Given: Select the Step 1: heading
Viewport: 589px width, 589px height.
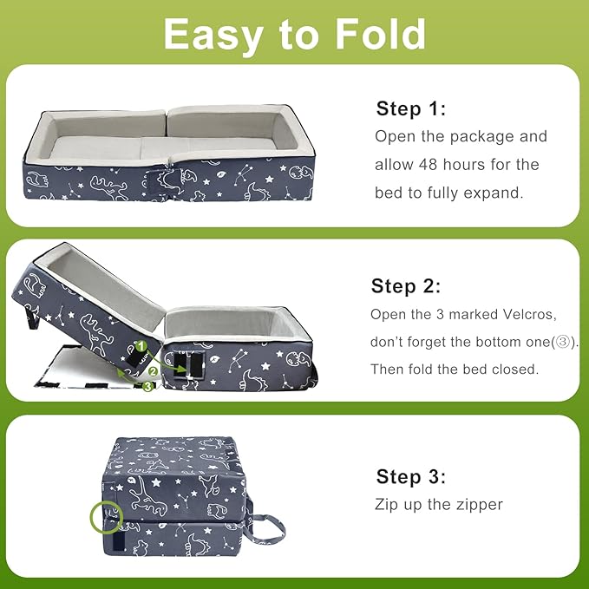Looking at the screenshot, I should click(x=411, y=108).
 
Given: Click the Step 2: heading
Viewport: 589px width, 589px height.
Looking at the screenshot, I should click(x=406, y=286).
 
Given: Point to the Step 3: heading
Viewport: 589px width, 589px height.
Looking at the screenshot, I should click(x=411, y=476).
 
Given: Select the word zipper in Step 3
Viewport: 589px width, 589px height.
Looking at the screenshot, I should click(x=476, y=504).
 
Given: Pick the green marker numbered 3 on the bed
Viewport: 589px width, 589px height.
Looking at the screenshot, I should click(x=147, y=386).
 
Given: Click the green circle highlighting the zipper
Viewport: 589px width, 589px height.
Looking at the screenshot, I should click(x=104, y=519).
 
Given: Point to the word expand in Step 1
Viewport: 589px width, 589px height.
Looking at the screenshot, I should click(x=497, y=192).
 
